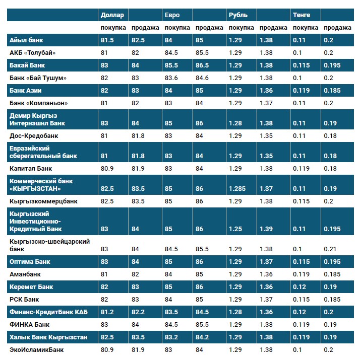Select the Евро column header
172,15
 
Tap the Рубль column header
238,15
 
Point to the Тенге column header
301,15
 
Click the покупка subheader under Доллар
113,28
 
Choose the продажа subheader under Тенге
337,28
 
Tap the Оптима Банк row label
30,262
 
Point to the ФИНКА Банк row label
29,324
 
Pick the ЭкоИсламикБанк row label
37,349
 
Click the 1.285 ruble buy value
237,188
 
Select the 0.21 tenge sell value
330,249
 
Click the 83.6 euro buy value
172,78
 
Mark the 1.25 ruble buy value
235,229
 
